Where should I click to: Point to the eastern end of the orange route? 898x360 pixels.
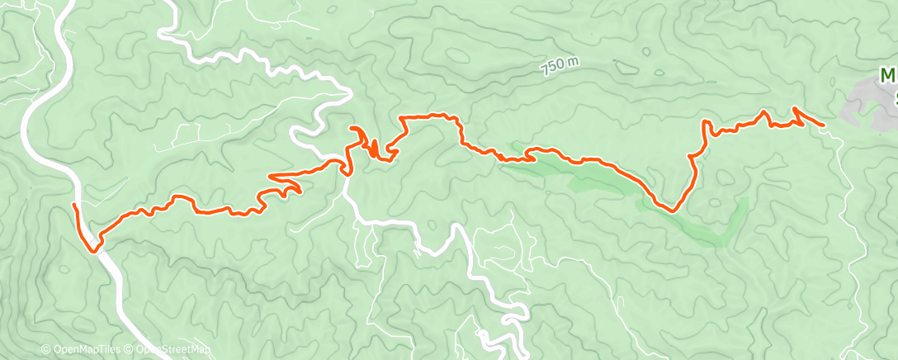824,126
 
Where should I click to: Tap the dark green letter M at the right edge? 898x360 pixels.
888,77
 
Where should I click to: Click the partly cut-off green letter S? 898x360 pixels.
894,98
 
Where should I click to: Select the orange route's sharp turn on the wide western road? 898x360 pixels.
94,249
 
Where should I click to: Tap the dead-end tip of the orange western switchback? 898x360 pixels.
298,192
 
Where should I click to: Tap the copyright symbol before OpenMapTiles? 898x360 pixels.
46,349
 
